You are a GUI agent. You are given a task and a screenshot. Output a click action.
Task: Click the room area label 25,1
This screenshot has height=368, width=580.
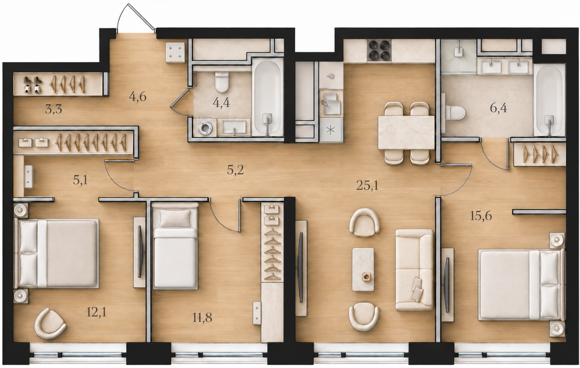(x=367, y=185)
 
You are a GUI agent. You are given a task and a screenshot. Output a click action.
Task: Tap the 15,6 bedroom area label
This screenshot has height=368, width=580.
(x=481, y=216)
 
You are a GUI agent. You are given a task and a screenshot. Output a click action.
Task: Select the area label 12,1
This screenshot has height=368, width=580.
(x=96, y=313)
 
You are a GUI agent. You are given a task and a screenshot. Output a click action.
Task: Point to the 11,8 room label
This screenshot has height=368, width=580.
(x=202, y=318)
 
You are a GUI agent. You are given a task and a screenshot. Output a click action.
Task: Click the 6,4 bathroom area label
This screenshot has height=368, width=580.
(x=499, y=108)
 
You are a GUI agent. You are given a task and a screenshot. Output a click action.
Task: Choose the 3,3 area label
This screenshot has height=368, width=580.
(x=54, y=109)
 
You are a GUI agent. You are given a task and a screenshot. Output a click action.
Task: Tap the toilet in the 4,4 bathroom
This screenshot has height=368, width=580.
(x=222, y=82)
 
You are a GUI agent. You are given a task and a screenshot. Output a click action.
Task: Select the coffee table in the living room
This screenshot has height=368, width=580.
(x=363, y=269)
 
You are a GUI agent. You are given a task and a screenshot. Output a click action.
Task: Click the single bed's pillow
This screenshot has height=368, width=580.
(x=175, y=218)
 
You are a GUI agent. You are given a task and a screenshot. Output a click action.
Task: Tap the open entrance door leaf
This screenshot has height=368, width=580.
(x=142, y=17)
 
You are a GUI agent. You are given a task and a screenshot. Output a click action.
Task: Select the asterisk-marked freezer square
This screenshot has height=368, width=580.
(x=331, y=130)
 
